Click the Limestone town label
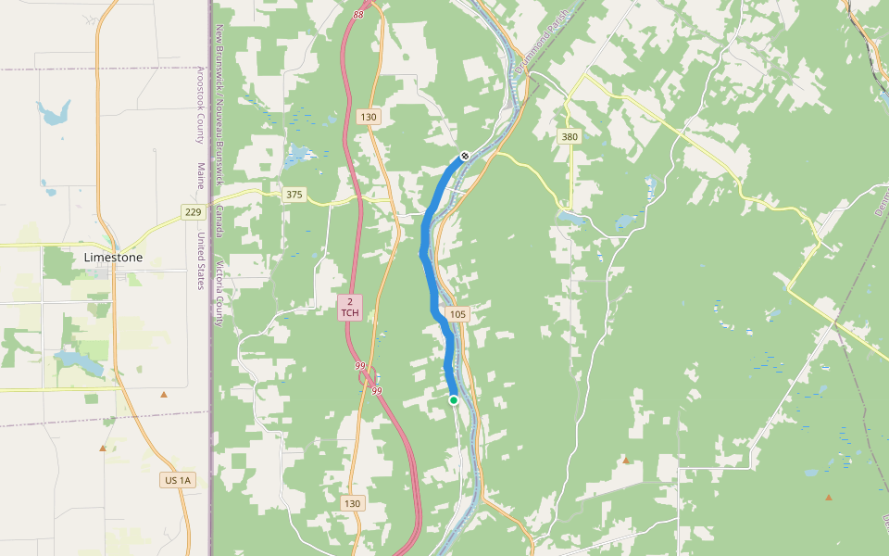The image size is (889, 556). pos(113,257)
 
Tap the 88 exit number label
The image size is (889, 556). pos(358,15)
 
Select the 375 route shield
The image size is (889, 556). pos(294,195)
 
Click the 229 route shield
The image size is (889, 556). pos(193,212)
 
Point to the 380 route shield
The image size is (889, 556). pos(570,137)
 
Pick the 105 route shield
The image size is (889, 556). pos(457,314)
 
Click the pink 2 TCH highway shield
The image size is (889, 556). pos(350,308)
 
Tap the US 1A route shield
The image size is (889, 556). pos(177,480)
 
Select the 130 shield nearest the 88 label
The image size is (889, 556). pos(369,117)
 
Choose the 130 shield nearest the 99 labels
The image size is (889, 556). pos(352,503)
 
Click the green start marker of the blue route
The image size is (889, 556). pos(454,400)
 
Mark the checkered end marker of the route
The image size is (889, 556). pos(465,156)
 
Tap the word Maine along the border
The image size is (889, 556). pos(200,176)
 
